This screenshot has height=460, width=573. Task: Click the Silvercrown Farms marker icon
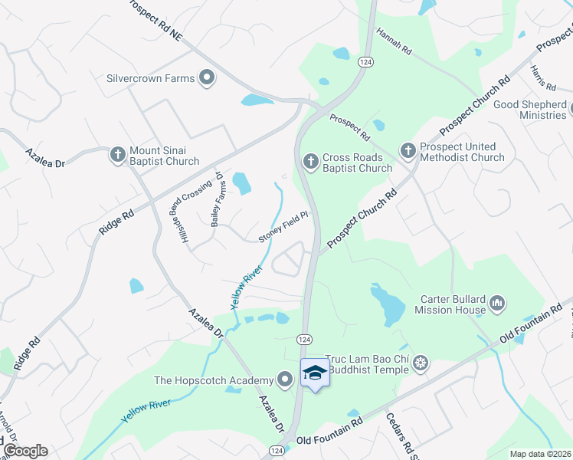(x=206, y=77)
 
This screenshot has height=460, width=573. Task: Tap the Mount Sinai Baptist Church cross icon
(x=117, y=155)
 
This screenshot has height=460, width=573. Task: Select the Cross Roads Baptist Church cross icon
(x=310, y=162)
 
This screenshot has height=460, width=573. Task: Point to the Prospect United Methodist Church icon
(x=407, y=151)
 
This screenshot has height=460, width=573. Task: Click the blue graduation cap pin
(x=314, y=373)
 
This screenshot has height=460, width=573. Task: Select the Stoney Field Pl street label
(x=283, y=227)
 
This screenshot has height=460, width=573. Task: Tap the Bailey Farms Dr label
(x=216, y=199)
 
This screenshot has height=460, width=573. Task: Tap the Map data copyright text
(x=541, y=454)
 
